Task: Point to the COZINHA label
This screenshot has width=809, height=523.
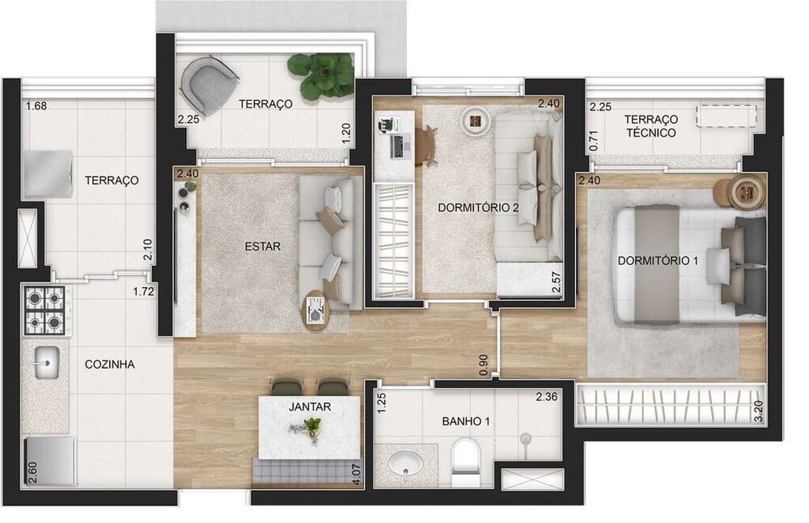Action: pos(109,364)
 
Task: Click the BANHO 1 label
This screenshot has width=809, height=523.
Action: pos(464,421)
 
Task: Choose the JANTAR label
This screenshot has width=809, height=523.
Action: pos(309,407)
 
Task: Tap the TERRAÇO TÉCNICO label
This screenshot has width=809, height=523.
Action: pos(650,126)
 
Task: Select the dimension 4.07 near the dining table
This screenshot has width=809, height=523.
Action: pos(356,470)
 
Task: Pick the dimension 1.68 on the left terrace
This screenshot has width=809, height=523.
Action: pos(36,106)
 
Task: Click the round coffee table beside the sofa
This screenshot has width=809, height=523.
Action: pos(316,311)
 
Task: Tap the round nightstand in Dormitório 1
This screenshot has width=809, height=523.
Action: pos(746,192)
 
